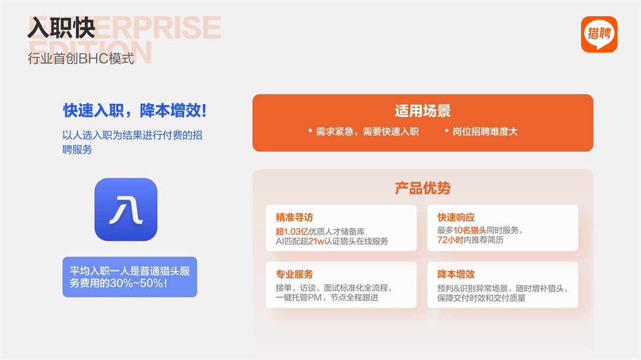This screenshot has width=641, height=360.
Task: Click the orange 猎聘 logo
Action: tap(599, 34)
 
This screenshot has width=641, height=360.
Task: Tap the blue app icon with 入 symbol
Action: tap(126, 209)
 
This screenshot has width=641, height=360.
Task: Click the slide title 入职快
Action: tap(61, 28)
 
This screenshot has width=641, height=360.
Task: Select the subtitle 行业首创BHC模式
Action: tap(81, 59)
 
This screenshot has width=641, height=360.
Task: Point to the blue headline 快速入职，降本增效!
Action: tap(135, 110)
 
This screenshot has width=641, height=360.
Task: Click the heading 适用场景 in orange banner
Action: tap(423, 111)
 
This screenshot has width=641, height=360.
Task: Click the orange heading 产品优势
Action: tap(423, 188)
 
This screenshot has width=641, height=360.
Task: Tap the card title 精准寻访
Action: tap(294, 218)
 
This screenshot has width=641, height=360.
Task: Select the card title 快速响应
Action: tap(456, 218)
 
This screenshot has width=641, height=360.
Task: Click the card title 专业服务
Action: tap(294, 274)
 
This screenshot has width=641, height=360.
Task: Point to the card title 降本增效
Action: tap(456, 274)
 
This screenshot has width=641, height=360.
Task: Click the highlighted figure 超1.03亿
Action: tap(292, 232)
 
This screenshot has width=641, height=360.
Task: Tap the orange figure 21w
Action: tap(316, 241)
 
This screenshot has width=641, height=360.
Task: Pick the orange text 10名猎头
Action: tap(469, 231)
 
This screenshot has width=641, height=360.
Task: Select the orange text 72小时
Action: tap(450, 240)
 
